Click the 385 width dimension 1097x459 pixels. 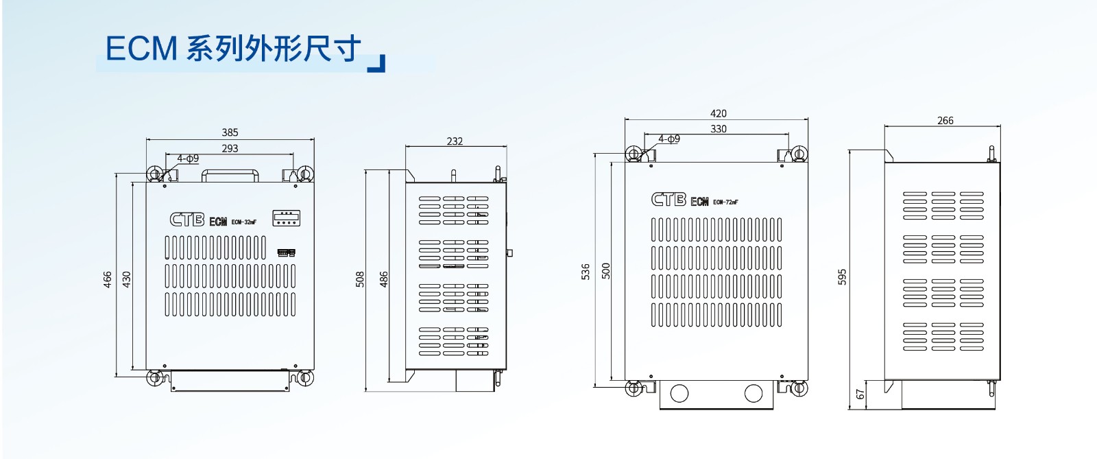pyautogui.click(x=230, y=132)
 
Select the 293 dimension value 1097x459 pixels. pyautogui.click(x=230, y=148)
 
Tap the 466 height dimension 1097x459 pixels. pyautogui.click(x=108, y=279)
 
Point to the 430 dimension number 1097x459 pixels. pyautogui.click(x=126, y=279)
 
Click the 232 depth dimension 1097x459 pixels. pyautogui.click(x=455, y=141)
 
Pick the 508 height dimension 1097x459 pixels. pyautogui.click(x=360, y=279)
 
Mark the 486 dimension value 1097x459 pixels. pyautogui.click(x=384, y=279)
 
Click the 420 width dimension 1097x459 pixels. pyautogui.click(x=718, y=113)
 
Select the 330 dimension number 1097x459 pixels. pyautogui.click(x=718, y=128)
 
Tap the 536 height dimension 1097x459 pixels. pyautogui.click(x=585, y=271)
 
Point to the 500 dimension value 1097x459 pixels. pyautogui.click(x=605, y=271)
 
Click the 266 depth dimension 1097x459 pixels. pyautogui.click(x=945, y=121)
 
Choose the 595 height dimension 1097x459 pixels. pyautogui.click(x=842, y=276)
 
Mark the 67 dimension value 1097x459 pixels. pyautogui.click(x=860, y=395)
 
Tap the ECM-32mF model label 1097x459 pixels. pyautogui.click(x=243, y=222)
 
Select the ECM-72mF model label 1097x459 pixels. pyautogui.click(x=725, y=202)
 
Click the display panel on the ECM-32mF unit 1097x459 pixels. pyautogui.click(x=286, y=218)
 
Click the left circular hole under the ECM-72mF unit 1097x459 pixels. pyautogui.click(x=679, y=393)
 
